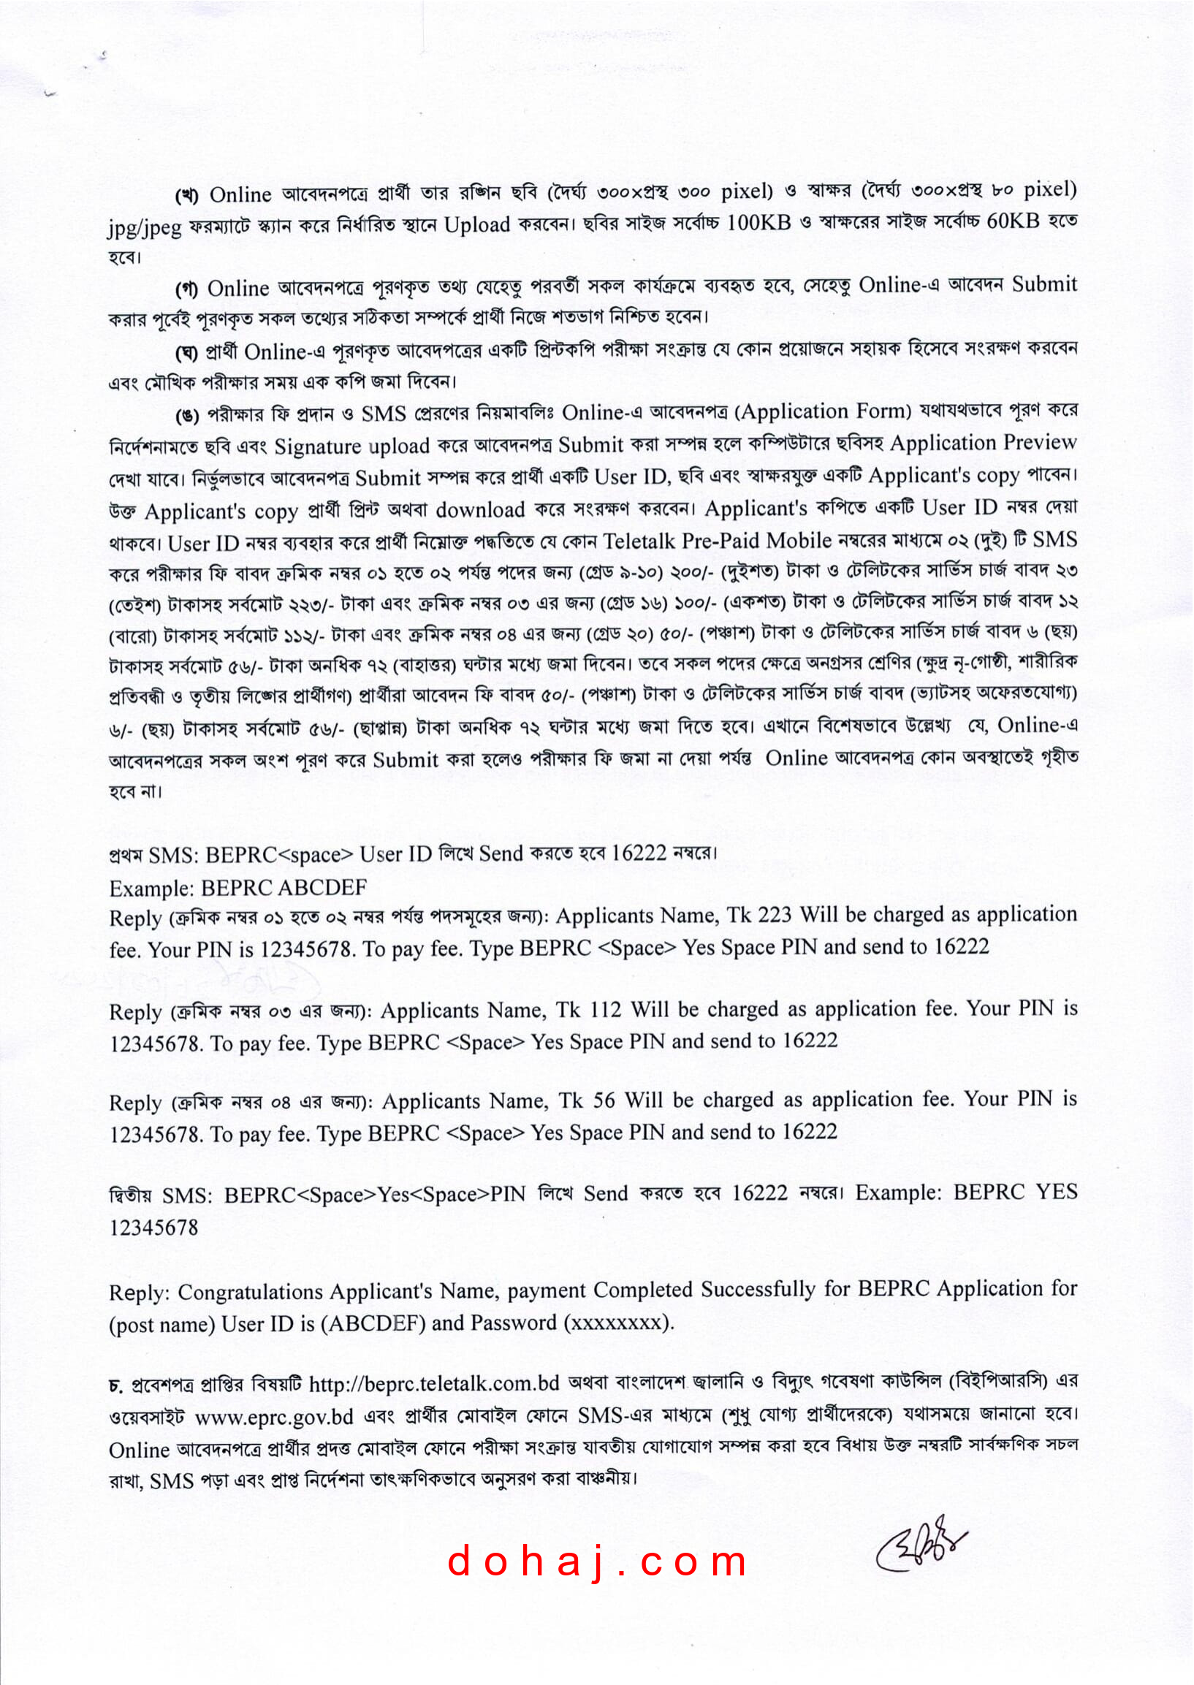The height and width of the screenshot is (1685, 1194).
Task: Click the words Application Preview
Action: tap(983, 444)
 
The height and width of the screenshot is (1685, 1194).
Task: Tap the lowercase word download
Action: tap(480, 509)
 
